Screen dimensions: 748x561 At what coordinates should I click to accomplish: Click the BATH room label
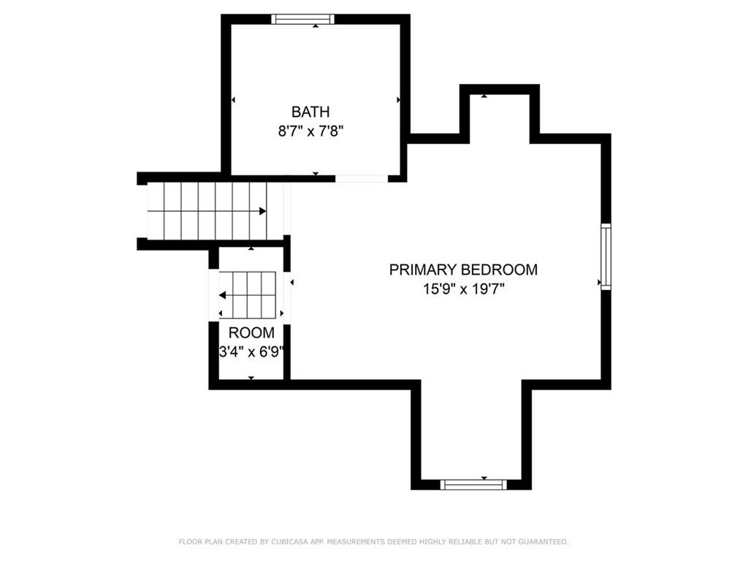pyautogui.click(x=310, y=112)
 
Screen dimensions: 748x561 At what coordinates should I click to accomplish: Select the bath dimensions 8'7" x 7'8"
pyautogui.click(x=310, y=131)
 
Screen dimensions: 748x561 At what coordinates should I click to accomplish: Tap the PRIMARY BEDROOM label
pyautogui.click(x=463, y=270)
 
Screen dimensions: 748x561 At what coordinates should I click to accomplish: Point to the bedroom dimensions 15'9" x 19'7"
pyautogui.click(x=463, y=289)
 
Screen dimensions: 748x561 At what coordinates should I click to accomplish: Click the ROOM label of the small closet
pyautogui.click(x=251, y=332)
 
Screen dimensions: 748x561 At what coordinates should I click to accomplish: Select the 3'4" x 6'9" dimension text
pyautogui.click(x=251, y=352)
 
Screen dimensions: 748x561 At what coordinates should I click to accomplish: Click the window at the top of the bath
pyautogui.click(x=303, y=19)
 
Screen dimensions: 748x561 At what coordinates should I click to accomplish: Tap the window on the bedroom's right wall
pyautogui.click(x=606, y=256)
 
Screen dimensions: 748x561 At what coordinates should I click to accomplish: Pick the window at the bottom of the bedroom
pyautogui.click(x=473, y=485)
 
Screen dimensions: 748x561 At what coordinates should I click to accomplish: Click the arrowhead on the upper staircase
pyautogui.click(x=262, y=211)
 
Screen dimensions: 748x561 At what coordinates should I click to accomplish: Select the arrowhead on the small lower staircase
pyautogui.click(x=222, y=295)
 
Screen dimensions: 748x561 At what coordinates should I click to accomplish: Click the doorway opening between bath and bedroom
pyautogui.click(x=362, y=178)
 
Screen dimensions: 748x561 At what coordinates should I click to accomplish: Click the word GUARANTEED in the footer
pyautogui.click(x=543, y=541)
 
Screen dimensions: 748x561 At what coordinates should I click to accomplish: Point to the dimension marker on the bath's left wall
pyautogui.click(x=233, y=99)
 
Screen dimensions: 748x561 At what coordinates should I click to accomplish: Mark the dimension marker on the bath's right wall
pyautogui.click(x=398, y=99)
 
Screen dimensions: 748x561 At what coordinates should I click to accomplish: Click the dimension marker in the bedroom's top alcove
pyautogui.click(x=484, y=96)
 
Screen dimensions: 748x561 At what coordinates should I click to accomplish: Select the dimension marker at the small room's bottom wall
pyautogui.click(x=251, y=378)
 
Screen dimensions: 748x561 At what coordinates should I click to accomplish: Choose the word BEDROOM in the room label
pyautogui.click(x=500, y=270)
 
